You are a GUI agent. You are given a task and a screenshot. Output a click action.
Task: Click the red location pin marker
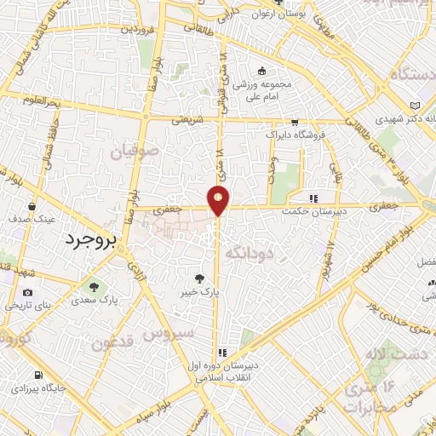(219, 199)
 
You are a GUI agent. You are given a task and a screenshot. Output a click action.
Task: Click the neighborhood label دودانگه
(248, 250)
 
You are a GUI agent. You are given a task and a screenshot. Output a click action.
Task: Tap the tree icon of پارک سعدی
(93, 286)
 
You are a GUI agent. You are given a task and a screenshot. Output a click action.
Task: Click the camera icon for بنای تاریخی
(28, 293)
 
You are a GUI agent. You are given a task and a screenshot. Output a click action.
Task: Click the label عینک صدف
(33, 219)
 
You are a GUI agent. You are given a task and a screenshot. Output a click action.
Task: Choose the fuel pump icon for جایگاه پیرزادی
(38, 375)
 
